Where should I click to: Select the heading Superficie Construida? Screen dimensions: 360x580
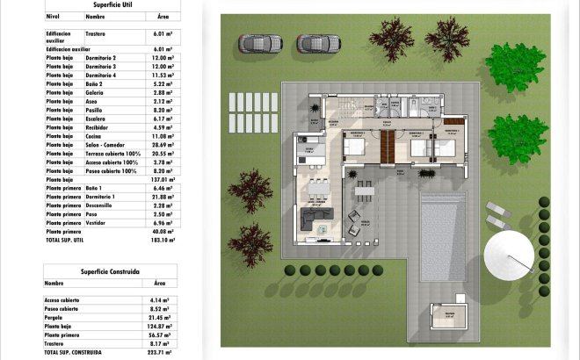click(109, 270)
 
